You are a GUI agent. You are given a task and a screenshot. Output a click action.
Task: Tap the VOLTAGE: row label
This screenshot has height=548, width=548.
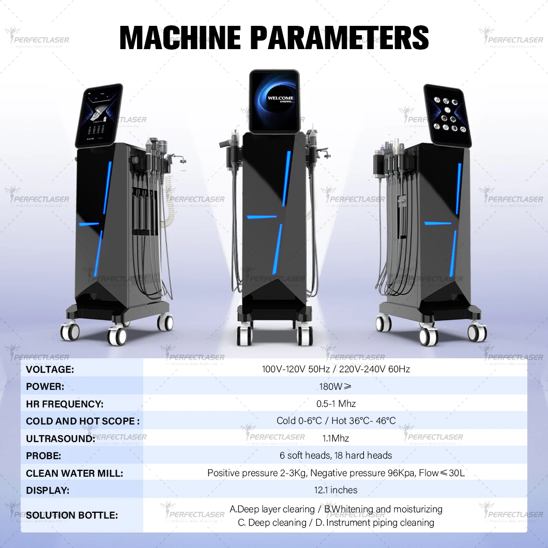(x=50, y=369)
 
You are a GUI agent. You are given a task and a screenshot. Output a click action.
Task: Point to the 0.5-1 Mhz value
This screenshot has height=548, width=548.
(x=336, y=404)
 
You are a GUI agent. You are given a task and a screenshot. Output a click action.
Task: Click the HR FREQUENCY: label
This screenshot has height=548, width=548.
(x=65, y=404)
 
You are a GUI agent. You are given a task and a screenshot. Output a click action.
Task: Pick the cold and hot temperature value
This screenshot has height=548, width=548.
(x=336, y=421)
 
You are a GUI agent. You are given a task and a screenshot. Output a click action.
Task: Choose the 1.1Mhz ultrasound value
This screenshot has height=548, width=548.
(x=336, y=438)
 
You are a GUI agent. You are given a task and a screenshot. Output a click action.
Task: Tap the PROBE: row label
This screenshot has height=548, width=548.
(x=43, y=455)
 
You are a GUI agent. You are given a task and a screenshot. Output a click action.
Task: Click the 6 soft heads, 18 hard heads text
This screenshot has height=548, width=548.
(x=336, y=455)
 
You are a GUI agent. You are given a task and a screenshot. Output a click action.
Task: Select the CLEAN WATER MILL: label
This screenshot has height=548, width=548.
(x=74, y=473)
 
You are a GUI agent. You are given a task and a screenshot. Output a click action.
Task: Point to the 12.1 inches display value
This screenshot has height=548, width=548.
(x=336, y=490)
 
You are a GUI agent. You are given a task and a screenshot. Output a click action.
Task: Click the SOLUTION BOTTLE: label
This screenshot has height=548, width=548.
(x=72, y=515)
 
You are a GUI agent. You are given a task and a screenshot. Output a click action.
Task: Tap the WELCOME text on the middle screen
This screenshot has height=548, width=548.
(x=280, y=98)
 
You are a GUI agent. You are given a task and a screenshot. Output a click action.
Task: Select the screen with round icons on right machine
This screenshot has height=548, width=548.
(x=447, y=114)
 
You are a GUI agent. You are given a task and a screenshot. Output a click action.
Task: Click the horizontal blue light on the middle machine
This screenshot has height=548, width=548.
(x=262, y=217)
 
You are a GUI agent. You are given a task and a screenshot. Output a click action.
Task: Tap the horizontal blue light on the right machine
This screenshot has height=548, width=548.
(x=437, y=223)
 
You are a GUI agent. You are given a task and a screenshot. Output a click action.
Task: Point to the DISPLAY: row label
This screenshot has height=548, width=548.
(x=48, y=490)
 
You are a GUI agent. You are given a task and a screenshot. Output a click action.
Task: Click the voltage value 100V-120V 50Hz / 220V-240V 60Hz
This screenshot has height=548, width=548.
(x=336, y=369)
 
